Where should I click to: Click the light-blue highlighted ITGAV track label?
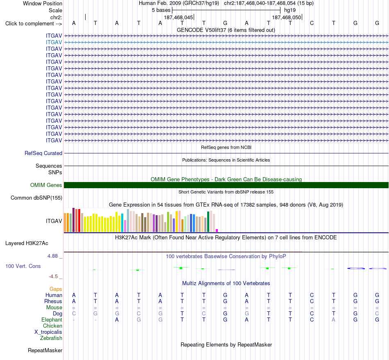[54, 43]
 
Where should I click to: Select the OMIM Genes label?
[46, 185]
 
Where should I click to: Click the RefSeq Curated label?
[43, 153]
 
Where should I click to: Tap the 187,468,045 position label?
[179, 17]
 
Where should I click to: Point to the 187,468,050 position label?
[287, 17]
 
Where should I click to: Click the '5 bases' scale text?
[161, 10]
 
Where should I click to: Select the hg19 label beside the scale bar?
[290, 10]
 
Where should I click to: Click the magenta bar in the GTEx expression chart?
[217, 231]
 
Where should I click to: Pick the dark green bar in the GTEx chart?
[208, 222]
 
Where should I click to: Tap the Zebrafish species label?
[51, 338]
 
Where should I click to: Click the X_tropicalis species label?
[48, 332]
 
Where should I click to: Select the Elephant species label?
[52, 320]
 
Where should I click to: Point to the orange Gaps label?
[56, 289]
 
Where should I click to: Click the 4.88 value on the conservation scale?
[52, 256]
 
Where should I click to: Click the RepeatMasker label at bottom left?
[45, 351]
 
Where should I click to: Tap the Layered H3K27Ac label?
[27, 243]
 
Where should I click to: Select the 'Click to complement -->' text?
[34, 24]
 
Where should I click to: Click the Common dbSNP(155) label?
[36, 198]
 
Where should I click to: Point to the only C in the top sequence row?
[312, 23]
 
